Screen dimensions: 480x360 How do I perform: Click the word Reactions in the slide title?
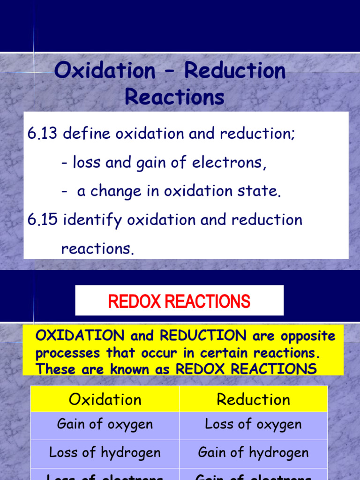(x=174, y=97)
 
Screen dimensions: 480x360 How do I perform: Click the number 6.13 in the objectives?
(x=42, y=134)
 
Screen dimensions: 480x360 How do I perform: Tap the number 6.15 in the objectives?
(x=42, y=220)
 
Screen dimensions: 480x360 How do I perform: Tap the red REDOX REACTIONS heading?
(x=179, y=301)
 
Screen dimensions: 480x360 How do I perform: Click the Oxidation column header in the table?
(x=105, y=399)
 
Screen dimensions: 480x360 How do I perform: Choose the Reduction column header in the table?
(x=253, y=399)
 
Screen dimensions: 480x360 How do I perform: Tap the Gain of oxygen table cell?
(x=105, y=425)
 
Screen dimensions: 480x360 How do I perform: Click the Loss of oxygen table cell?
(x=253, y=425)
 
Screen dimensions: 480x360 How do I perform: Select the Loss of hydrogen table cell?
(x=105, y=452)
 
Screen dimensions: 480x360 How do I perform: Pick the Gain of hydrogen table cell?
(x=253, y=452)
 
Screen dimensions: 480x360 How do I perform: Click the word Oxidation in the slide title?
(x=105, y=71)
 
